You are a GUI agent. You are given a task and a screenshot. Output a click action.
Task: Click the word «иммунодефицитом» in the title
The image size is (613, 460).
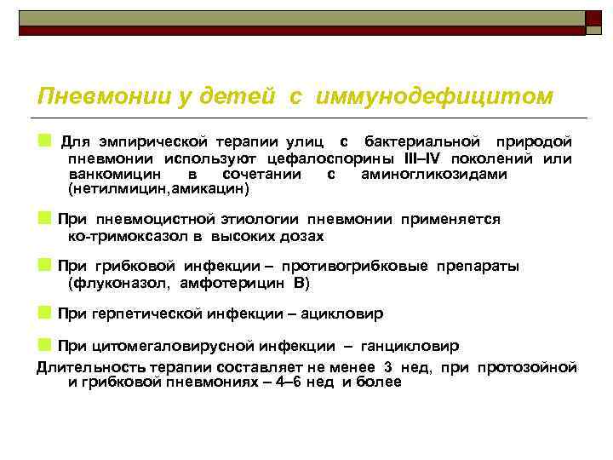[x=433, y=96]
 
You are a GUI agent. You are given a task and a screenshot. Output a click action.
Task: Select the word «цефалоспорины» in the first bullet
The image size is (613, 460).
[x=314, y=160]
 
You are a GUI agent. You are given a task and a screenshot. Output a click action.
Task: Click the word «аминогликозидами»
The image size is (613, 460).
[x=434, y=174]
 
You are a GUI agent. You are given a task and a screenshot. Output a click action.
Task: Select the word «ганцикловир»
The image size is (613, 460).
[x=412, y=346]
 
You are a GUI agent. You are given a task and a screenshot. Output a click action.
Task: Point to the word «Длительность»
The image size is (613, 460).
[x=83, y=367]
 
